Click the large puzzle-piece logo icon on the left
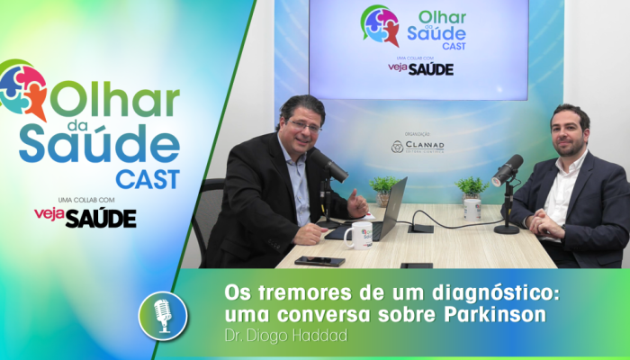[x=23, y=90]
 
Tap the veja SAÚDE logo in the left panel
[x=85, y=217]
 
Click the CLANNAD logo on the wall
[x=418, y=146]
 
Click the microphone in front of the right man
[x=507, y=169]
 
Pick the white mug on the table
[x=357, y=236]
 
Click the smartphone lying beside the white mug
[x=319, y=260]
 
